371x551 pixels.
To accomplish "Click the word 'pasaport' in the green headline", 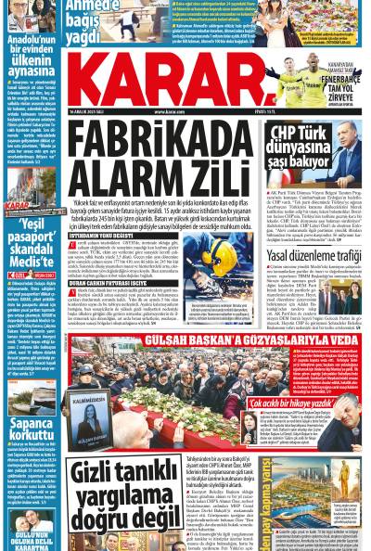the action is click(x=31, y=240).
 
